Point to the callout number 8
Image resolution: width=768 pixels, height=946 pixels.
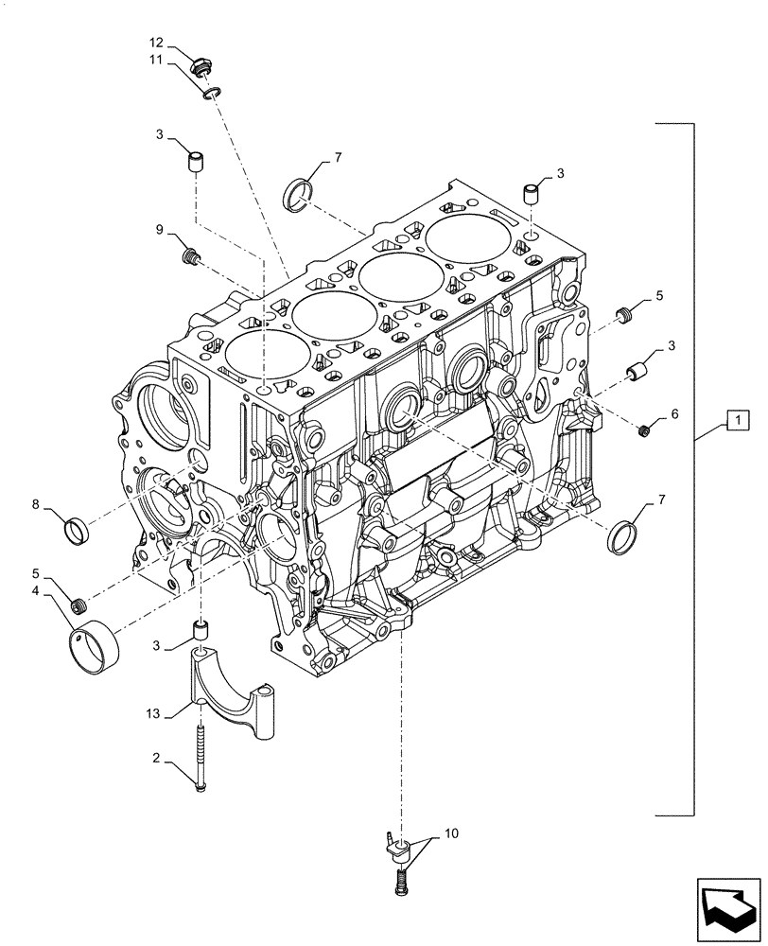(x=35, y=505)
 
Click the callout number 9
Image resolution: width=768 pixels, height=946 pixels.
(x=160, y=229)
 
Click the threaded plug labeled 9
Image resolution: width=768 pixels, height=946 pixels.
(x=189, y=254)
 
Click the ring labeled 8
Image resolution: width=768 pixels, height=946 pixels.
(x=76, y=528)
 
